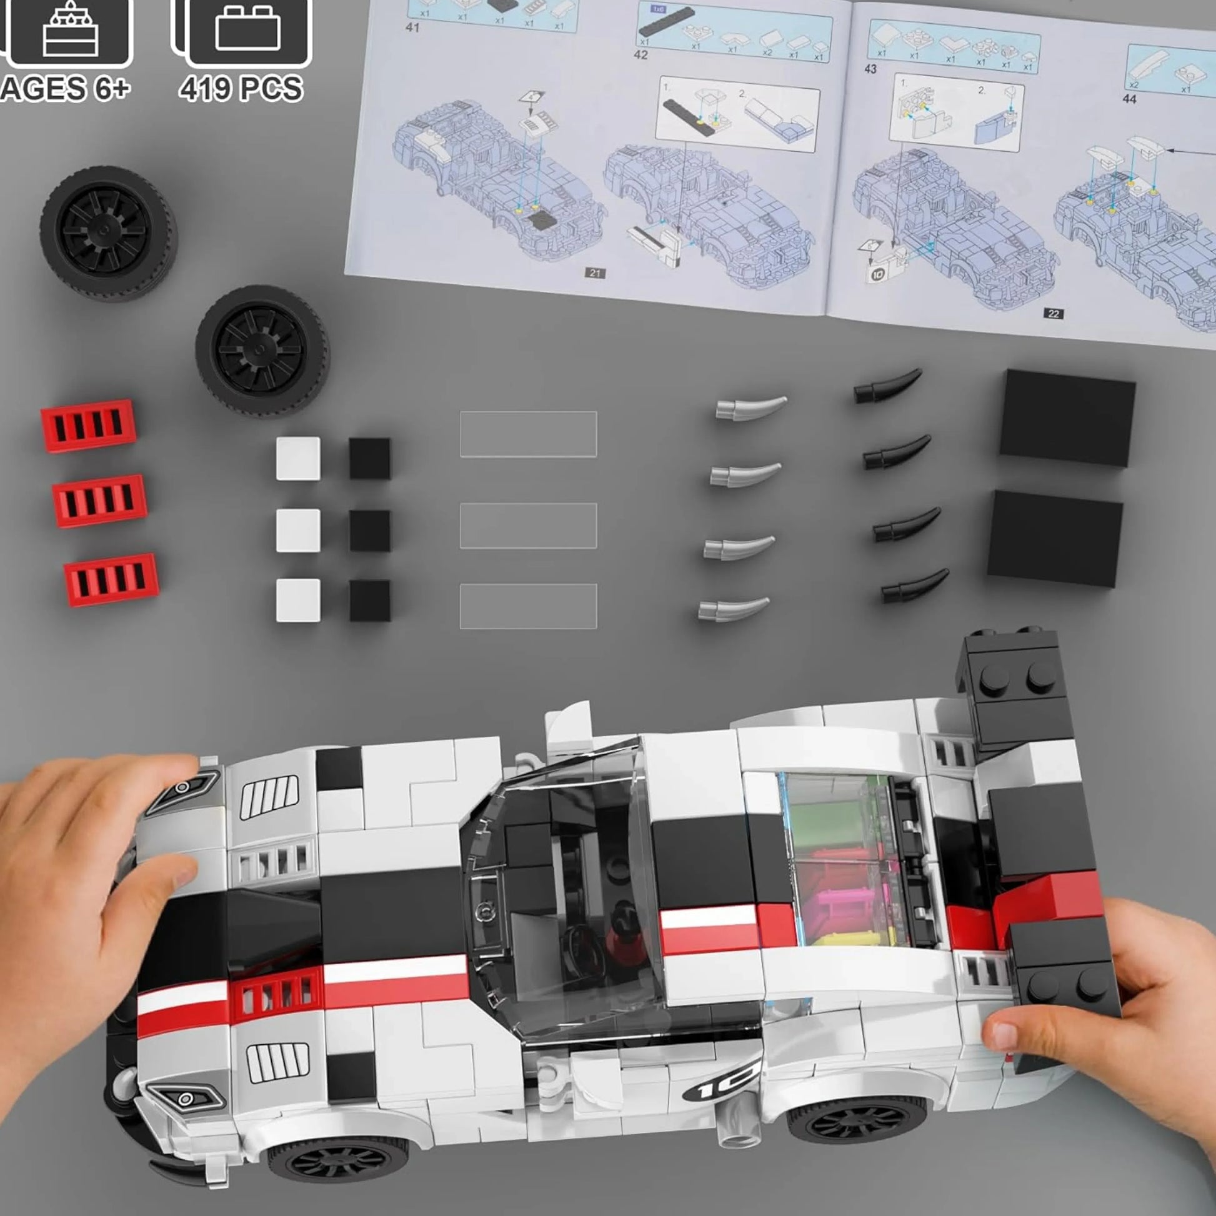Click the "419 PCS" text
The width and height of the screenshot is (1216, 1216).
pos(241,88)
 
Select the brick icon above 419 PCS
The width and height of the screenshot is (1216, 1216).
pos(247,28)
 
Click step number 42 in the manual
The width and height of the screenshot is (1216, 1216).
pos(640,55)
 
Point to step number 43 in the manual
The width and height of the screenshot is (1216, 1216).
pos(870,69)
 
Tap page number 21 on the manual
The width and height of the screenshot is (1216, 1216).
pos(595,272)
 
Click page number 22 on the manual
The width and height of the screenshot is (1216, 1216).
pos(1054,314)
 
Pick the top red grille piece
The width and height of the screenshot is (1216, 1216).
pos(88,426)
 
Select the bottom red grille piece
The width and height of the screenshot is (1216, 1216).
pos(111,579)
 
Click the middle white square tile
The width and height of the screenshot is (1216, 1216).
pos(297,530)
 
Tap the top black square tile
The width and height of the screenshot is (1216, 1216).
pos(369,458)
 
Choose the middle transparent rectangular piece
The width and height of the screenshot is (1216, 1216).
pos(528,526)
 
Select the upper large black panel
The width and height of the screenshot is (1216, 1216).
pos(1067,417)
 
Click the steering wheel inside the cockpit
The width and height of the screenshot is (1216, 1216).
pos(582,945)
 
